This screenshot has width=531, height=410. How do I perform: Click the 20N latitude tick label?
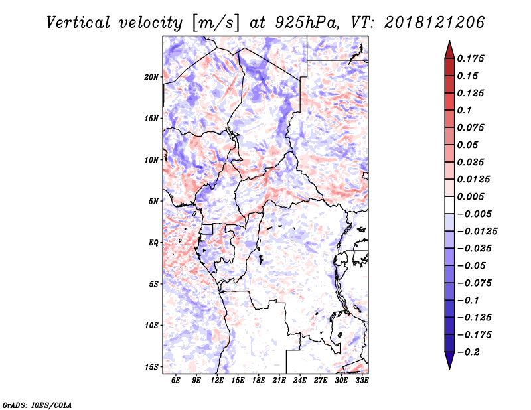151,77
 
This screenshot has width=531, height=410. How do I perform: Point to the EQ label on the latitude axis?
153,243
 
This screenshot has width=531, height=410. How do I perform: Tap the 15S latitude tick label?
151,367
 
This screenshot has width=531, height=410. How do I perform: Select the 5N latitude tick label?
153,202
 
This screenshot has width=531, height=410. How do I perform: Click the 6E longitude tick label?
175,381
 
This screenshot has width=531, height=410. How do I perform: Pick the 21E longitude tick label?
279,381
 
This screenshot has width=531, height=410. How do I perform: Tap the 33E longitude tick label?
362,381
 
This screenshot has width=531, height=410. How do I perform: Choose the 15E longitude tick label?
238,381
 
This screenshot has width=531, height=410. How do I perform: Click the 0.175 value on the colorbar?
471,58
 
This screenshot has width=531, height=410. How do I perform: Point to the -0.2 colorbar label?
469,352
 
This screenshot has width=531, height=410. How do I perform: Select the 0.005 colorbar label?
471,196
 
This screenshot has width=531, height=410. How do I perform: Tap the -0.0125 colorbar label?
477,232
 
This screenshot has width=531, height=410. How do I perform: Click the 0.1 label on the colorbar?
464,110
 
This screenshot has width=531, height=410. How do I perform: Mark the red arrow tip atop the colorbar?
449,41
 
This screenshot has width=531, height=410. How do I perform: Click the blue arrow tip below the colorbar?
449,368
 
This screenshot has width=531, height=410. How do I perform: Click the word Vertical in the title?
78,23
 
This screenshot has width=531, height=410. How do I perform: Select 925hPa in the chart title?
307,23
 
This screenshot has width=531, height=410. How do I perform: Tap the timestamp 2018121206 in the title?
434,23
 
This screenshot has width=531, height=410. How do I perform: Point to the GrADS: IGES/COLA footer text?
37,405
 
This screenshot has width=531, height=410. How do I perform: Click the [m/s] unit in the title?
215,23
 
